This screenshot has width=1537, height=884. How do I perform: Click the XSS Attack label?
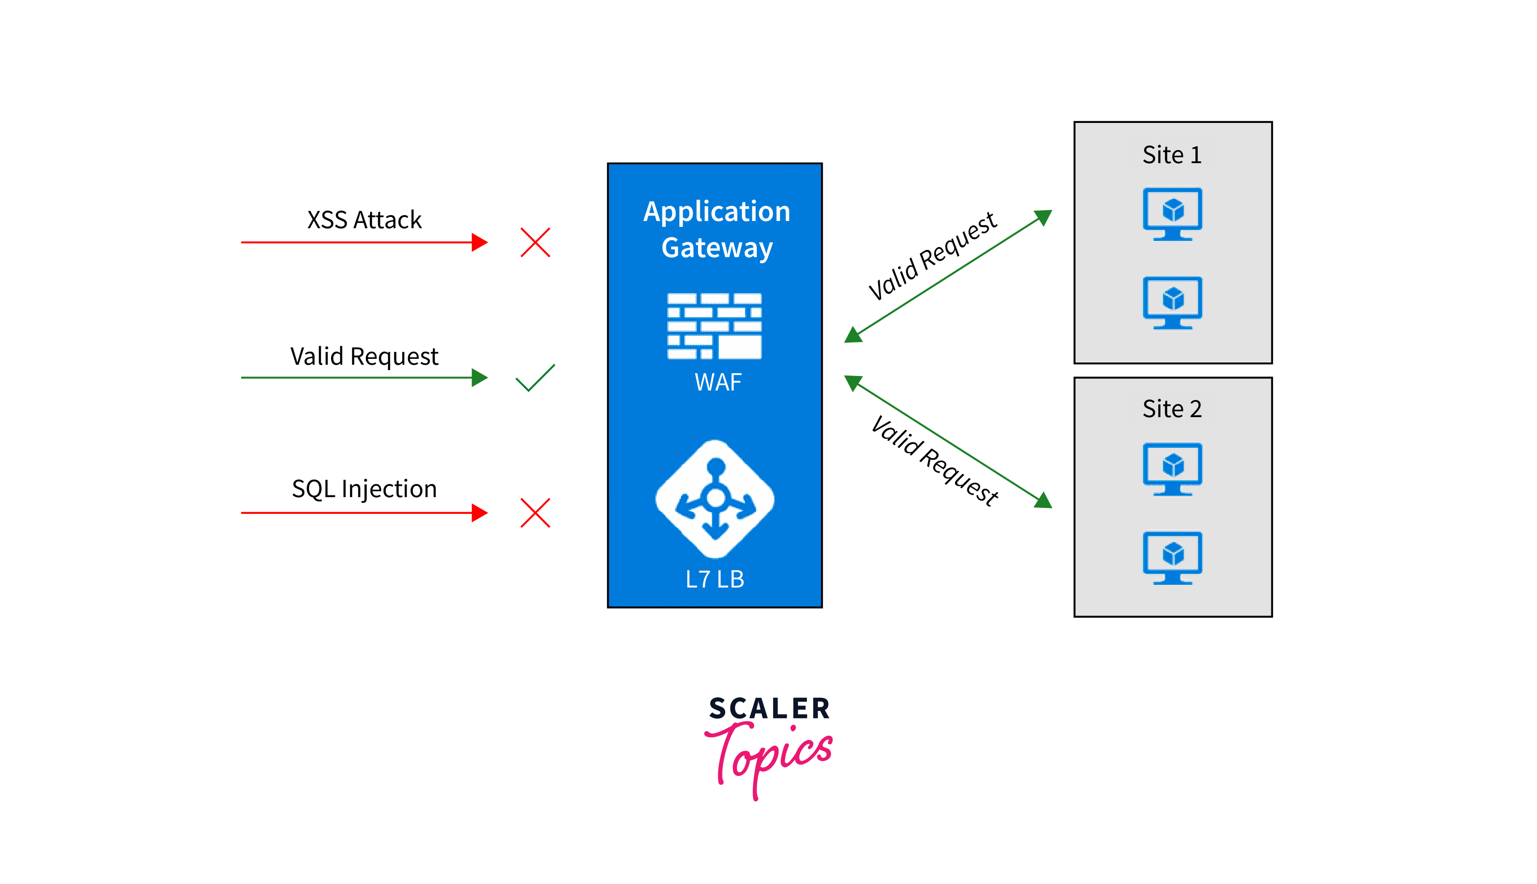point(364,220)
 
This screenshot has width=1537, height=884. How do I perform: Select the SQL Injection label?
point(364,489)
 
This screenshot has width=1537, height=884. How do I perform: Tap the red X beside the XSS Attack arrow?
point(535,242)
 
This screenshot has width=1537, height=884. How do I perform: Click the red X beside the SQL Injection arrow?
point(535,513)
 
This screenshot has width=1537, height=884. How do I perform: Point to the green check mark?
point(535,378)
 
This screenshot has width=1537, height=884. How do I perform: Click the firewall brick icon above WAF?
point(714,326)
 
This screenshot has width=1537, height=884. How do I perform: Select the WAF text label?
point(718,382)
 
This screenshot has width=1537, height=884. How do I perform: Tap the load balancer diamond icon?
point(715,499)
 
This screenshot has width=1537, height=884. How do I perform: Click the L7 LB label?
point(715,579)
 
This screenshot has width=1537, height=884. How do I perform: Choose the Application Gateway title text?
point(717,230)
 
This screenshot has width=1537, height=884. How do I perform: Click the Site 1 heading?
point(1171,155)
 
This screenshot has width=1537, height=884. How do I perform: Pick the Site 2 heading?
point(1171,409)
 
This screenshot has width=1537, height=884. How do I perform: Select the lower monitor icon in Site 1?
point(1172,302)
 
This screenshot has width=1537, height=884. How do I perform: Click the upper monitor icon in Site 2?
point(1172,469)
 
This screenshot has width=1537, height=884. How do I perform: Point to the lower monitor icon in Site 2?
point(1172,557)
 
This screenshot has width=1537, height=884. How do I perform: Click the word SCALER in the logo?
point(769,709)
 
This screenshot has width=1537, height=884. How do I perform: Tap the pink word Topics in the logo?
point(769,756)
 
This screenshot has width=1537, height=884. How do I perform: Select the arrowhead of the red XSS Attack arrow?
point(480,242)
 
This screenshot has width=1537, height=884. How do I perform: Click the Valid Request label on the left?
point(364,357)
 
